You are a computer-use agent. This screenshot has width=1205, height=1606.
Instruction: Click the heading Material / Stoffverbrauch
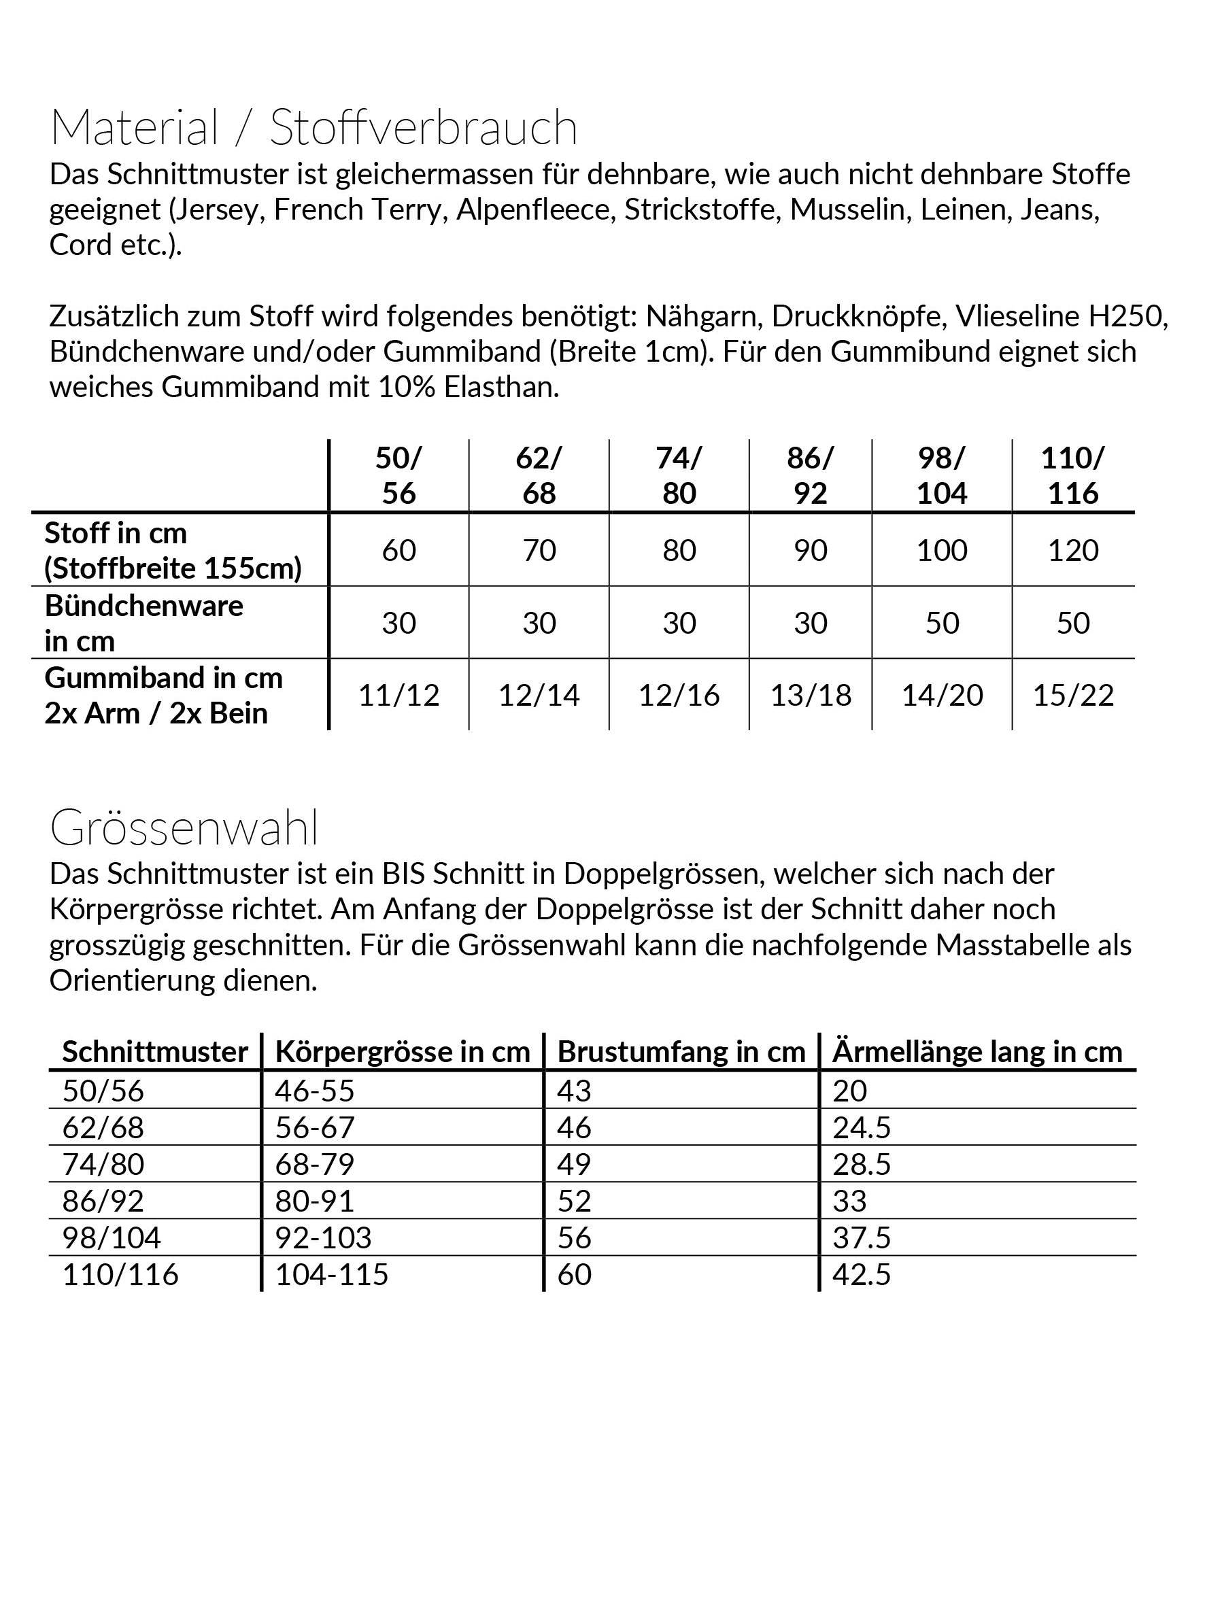click(x=313, y=128)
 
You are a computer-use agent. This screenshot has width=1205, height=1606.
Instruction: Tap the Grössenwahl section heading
click(x=184, y=827)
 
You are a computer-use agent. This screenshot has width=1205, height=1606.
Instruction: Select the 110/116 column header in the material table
click(x=1072, y=475)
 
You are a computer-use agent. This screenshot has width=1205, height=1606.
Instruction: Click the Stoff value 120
click(x=1073, y=550)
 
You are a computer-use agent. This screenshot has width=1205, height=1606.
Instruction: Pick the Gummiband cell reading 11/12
click(x=398, y=696)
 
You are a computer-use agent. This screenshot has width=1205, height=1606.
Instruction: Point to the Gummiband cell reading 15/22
click(x=1073, y=696)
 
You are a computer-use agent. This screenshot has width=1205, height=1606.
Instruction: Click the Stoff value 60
click(x=398, y=550)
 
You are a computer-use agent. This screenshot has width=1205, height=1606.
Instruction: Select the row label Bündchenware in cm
click(x=143, y=623)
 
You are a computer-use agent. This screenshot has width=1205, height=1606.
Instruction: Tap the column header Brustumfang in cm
click(x=681, y=1052)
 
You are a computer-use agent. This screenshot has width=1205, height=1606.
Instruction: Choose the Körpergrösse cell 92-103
click(x=323, y=1238)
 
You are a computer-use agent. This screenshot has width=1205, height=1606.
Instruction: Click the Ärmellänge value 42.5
click(x=862, y=1275)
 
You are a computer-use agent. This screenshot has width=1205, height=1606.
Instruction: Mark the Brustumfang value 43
click(x=574, y=1091)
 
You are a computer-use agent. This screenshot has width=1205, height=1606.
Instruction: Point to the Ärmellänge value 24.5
click(x=862, y=1127)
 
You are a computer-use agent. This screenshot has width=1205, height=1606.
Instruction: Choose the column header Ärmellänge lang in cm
click(x=977, y=1052)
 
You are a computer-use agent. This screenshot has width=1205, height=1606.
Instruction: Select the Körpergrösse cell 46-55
click(x=314, y=1091)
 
